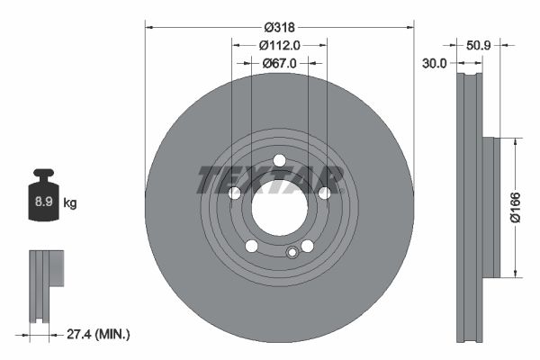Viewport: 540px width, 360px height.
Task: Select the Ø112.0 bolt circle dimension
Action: pos(279,45)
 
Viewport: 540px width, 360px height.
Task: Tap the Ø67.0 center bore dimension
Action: pos(280,63)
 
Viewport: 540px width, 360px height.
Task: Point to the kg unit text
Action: pos(70,203)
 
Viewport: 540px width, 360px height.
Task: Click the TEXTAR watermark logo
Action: pos(271,180)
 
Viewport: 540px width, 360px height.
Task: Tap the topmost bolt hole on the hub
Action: pos(279,161)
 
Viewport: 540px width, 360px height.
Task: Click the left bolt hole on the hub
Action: pos(234,193)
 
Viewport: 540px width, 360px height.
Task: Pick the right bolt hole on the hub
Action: pos(324,193)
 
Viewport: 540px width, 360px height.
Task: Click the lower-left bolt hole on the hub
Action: pos(251,247)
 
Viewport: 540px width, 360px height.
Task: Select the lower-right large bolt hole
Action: pos(307,247)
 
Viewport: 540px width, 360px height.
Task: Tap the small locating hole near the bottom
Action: pos(292,253)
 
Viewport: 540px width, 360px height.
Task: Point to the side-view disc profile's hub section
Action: pos(490,208)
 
